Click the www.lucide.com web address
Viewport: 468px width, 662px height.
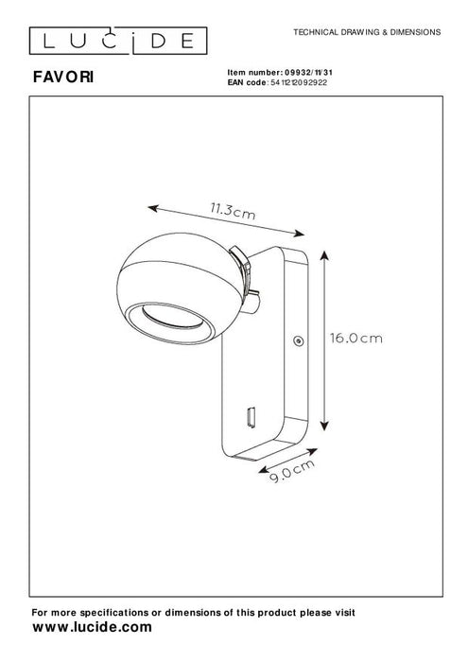(92, 627)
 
